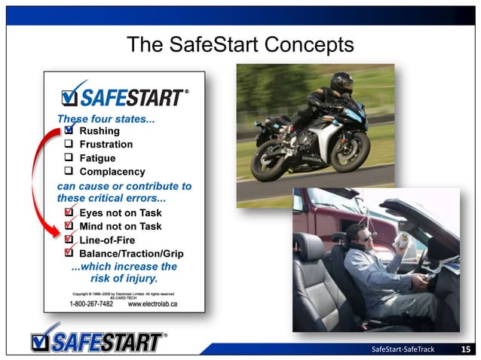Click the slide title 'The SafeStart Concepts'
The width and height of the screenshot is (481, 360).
pyautogui.click(x=240, y=44)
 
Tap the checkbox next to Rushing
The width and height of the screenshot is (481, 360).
pyautogui.click(x=69, y=131)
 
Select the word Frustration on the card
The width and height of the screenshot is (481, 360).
pyautogui.click(x=106, y=145)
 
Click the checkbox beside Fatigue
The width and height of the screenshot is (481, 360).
pyautogui.click(x=69, y=158)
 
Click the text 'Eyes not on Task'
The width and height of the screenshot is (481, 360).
pyautogui.click(x=120, y=213)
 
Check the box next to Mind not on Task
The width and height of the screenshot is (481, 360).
pyautogui.click(x=69, y=226)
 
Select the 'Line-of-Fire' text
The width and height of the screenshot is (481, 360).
pyautogui.click(x=106, y=239)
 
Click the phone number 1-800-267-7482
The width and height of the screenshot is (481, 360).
pyautogui.click(x=91, y=304)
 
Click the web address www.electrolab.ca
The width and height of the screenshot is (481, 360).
pyautogui.click(x=152, y=304)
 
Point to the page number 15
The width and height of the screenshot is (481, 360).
pyautogui.click(x=466, y=349)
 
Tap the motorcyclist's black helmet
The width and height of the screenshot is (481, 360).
pyautogui.click(x=341, y=83)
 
